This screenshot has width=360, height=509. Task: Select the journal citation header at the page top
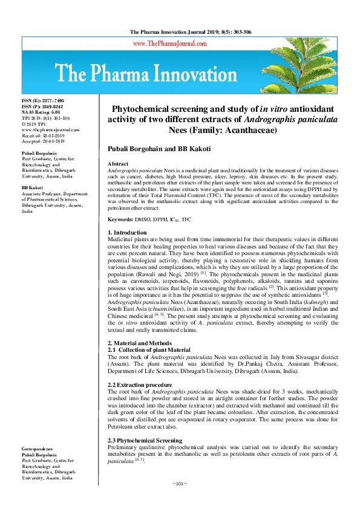(x=180, y=31)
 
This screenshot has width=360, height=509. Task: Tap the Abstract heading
(x=117, y=164)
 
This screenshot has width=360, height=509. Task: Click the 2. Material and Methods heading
(x=140, y=343)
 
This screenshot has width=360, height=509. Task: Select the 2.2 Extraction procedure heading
(x=138, y=384)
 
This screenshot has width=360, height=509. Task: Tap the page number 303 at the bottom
(x=180, y=484)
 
